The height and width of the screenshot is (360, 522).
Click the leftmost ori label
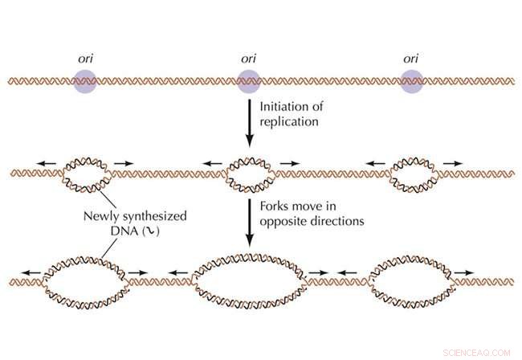click(84, 59)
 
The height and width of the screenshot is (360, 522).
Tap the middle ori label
click(249, 59)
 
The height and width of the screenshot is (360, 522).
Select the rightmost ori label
click(411, 59)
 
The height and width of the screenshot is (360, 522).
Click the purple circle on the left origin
click(84, 81)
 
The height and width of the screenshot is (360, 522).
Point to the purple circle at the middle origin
click(249, 81)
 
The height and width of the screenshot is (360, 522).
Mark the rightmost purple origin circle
click(412, 81)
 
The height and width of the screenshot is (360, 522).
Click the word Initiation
click(284, 105)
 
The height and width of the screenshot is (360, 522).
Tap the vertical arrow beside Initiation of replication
click(249, 121)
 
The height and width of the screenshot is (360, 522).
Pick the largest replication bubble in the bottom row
click(249, 281)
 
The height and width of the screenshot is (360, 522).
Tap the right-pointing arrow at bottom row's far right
click(466, 272)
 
